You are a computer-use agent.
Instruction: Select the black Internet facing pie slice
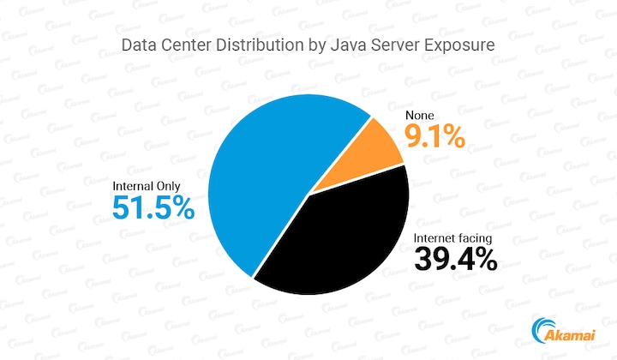(343, 240)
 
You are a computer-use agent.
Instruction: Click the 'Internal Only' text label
(153, 185)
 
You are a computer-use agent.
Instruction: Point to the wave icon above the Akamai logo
(543, 327)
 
